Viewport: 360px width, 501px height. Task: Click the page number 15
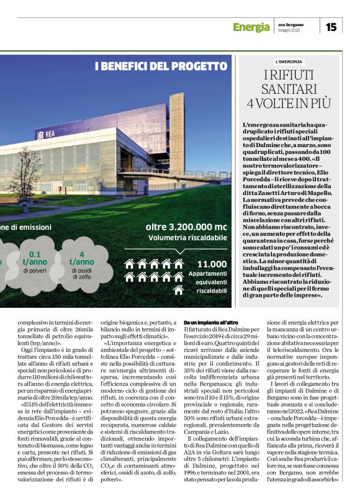pos(331,27)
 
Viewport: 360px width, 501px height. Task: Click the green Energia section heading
pos(251,27)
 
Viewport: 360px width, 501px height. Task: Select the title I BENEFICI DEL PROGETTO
pos(152,66)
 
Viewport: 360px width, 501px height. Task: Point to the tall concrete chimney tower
pos(176,130)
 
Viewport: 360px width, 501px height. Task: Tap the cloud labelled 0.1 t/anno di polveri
pos(35,261)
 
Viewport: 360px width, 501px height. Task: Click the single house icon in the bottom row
pos(179,290)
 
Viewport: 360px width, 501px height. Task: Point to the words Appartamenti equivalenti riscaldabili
pos(211,283)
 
